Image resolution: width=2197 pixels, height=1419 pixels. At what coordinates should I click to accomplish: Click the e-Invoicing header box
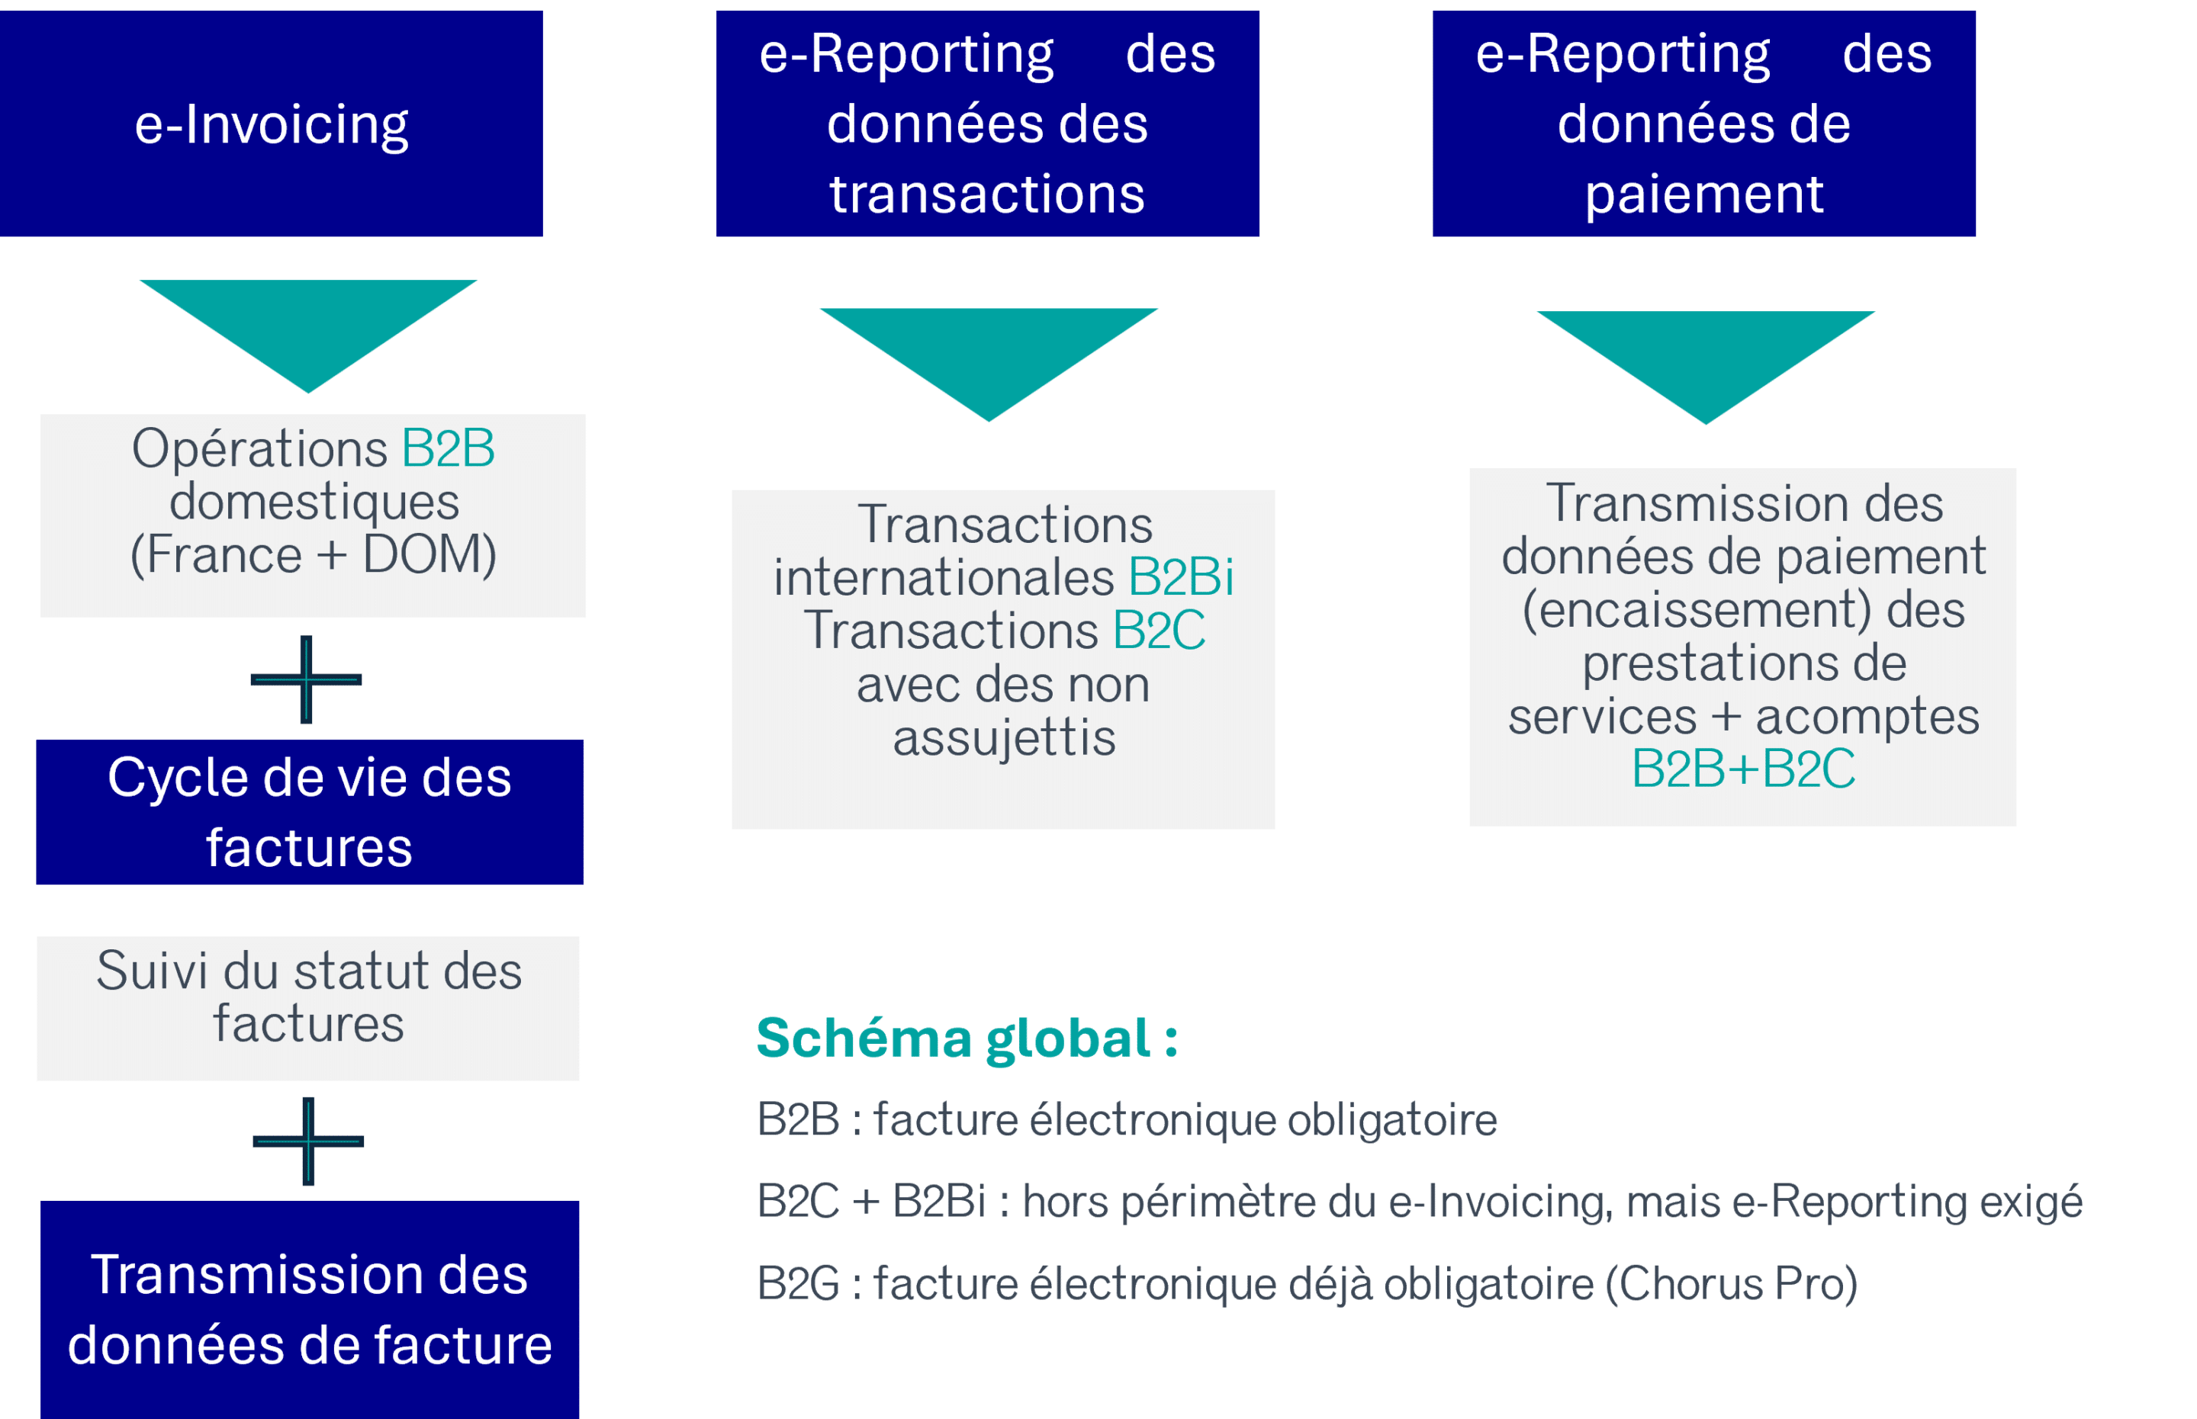[x=271, y=124]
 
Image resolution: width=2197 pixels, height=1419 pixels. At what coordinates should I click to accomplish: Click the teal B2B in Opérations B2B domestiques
[x=448, y=450]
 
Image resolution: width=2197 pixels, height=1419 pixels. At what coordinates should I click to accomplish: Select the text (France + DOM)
[x=314, y=554]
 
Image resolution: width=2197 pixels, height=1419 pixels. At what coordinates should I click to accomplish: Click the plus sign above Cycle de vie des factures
[x=306, y=679]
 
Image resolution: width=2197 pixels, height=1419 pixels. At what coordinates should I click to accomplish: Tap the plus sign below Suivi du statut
[x=307, y=1141]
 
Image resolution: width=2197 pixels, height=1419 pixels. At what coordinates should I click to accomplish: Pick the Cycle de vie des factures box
[x=310, y=812]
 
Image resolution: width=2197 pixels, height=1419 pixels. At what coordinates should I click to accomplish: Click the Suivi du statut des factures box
[x=307, y=1008]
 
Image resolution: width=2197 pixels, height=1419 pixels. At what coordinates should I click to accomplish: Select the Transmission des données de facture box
[x=310, y=1308]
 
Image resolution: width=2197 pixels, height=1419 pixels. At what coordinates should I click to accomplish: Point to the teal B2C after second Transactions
[x=1159, y=631]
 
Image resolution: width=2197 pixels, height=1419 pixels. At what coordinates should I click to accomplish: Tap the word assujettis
[x=1004, y=738]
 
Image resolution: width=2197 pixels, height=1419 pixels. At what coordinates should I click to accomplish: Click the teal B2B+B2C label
[x=1742, y=769]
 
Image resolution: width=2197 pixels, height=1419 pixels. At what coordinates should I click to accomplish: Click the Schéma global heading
[x=967, y=1039]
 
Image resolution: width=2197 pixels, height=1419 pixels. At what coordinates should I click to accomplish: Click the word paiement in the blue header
[x=1704, y=194]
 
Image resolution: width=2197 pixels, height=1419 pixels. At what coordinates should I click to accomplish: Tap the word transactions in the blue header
[x=987, y=194]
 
